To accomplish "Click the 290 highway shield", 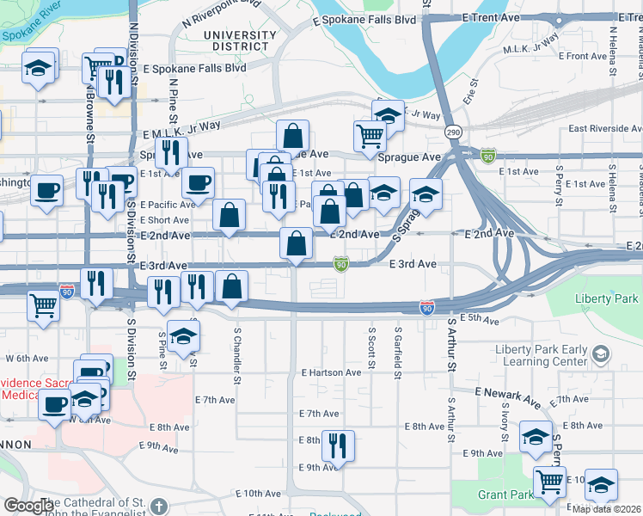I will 452,132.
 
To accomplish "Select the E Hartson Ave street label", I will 331,372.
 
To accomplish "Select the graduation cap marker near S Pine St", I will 182,337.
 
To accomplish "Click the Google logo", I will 28,506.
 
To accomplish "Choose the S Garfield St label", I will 397,347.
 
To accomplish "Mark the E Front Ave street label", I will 582,56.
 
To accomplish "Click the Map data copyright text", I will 607,509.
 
